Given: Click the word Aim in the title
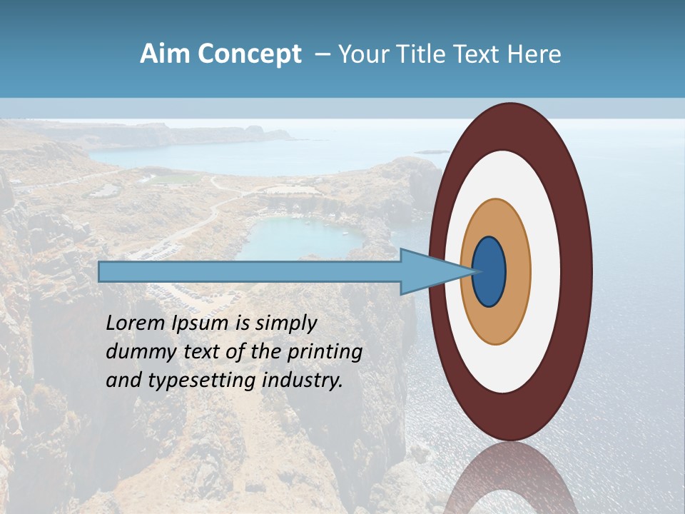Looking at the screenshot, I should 165,54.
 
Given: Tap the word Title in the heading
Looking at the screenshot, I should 416,54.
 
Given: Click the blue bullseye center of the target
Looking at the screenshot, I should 489,272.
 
